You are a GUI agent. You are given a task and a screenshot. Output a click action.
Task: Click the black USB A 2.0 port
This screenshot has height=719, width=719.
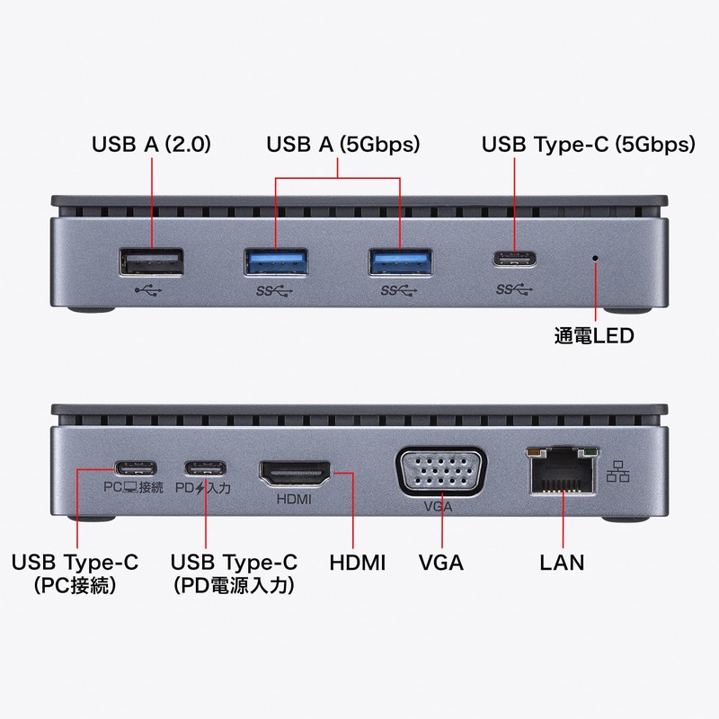151,262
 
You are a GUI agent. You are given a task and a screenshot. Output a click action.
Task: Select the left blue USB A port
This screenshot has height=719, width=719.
277,262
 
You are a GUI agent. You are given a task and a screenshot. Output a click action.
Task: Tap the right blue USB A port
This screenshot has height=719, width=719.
402,262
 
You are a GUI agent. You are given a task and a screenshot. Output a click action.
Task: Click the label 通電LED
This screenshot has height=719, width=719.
594,337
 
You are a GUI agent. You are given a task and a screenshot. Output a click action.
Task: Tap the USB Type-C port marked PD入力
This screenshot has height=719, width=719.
206,468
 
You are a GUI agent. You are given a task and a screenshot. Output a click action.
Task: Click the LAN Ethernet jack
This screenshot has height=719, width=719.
560,471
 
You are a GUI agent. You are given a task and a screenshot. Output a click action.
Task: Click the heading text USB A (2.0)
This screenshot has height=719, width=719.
151,144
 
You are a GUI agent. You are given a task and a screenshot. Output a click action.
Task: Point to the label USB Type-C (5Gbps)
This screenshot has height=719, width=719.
589,144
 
